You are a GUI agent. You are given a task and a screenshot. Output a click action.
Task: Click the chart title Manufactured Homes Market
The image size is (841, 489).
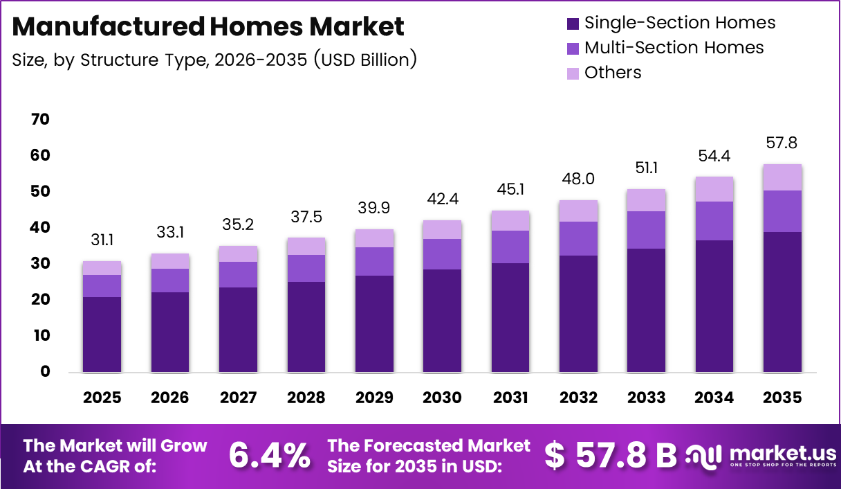coord(208,27)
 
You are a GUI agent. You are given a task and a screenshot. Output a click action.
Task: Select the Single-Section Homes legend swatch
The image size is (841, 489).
coord(572,23)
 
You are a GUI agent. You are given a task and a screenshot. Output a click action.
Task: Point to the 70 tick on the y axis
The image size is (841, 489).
coord(40,120)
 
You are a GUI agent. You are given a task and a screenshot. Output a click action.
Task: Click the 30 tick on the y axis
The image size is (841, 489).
coord(40,264)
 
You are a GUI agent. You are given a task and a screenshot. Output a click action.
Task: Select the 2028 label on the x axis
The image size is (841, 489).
coord(306,398)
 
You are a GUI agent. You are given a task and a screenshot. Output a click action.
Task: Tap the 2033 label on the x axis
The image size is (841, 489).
coord(647,398)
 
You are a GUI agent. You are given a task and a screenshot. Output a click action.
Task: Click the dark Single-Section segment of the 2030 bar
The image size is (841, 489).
coord(443,320)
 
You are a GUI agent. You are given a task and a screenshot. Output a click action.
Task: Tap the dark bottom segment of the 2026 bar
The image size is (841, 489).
coord(170,332)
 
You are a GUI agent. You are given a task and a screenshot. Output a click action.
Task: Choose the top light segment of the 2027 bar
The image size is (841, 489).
coord(239,254)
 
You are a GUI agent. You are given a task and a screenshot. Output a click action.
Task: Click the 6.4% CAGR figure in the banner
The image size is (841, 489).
coord(269,455)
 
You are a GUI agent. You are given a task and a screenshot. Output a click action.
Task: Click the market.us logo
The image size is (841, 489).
coord(761,456)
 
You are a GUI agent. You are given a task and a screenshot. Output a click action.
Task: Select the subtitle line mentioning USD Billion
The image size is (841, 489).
coord(214,60)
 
